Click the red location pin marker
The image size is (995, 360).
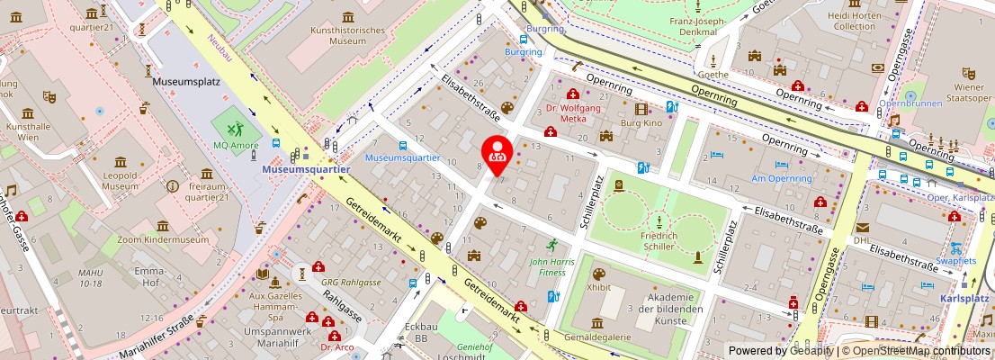[497, 153]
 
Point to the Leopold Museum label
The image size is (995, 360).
[120, 179]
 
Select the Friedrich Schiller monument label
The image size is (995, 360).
[660, 240]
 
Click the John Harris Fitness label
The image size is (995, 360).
[547, 265]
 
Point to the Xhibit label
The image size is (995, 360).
[598, 287]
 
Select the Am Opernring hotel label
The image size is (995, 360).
[782, 178]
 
